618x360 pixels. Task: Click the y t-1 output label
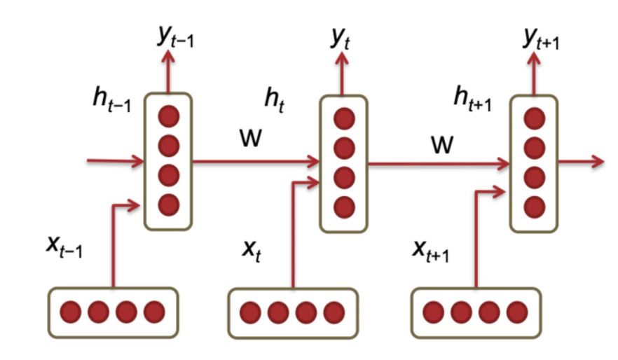click(175, 37)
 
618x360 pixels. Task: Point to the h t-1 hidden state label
click(111, 99)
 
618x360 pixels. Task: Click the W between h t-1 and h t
click(249, 138)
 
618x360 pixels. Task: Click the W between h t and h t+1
click(441, 145)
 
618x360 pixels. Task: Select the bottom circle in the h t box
click(343, 207)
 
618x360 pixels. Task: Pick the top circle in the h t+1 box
click(534, 118)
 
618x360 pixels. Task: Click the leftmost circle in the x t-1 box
click(70, 310)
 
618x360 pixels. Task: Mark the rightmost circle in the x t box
click(334, 311)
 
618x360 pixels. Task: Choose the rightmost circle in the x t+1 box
click(516, 310)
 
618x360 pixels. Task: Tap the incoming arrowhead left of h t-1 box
click(137, 162)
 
